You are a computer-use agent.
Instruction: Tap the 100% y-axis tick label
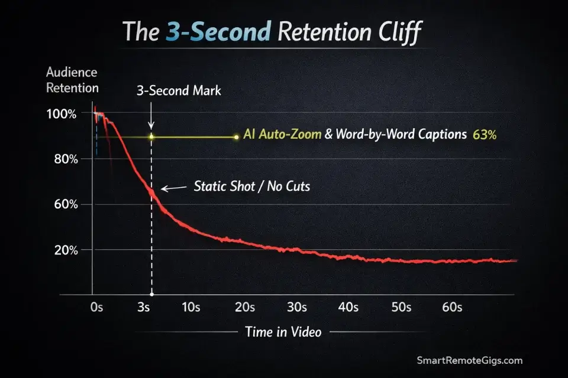pyautogui.click(x=62, y=114)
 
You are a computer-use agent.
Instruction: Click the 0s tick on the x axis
pyautogui.click(x=98, y=307)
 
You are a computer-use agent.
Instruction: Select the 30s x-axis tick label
pyautogui.click(x=296, y=307)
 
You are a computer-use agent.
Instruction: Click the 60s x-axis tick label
pyautogui.click(x=453, y=307)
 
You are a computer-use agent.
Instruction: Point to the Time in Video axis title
pyautogui.click(x=283, y=332)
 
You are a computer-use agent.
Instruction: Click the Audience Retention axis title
pyautogui.click(x=72, y=81)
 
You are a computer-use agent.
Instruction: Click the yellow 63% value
pyautogui.click(x=485, y=135)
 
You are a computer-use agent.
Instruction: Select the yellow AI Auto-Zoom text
pyautogui.click(x=283, y=135)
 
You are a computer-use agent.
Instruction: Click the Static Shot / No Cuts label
pyautogui.click(x=252, y=187)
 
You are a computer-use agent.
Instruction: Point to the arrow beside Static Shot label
pyautogui.click(x=173, y=188)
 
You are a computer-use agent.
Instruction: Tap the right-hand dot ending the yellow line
pyautogui.click(x=236, y=137)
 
